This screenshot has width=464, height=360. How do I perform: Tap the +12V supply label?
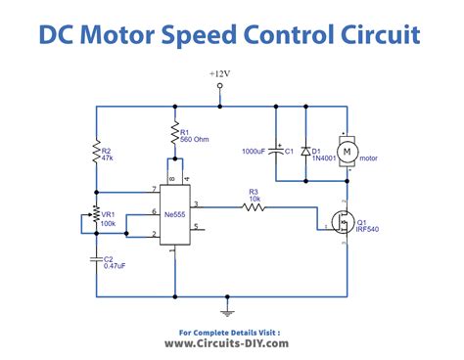coord(221,74)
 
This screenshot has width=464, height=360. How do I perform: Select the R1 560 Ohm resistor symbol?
coord(173,134)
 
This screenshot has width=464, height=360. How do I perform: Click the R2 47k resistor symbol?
coord(97,152)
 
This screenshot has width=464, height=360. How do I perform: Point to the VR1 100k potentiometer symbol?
coord(96,216)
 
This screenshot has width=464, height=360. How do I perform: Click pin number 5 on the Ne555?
coord(197,229)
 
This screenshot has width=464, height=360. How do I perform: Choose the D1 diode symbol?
coord(305,152)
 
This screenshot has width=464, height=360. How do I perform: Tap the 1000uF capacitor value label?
coord(257,152)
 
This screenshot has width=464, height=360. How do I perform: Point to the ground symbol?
coord(229,312)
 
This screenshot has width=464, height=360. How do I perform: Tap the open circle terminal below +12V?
coord(220,86)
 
